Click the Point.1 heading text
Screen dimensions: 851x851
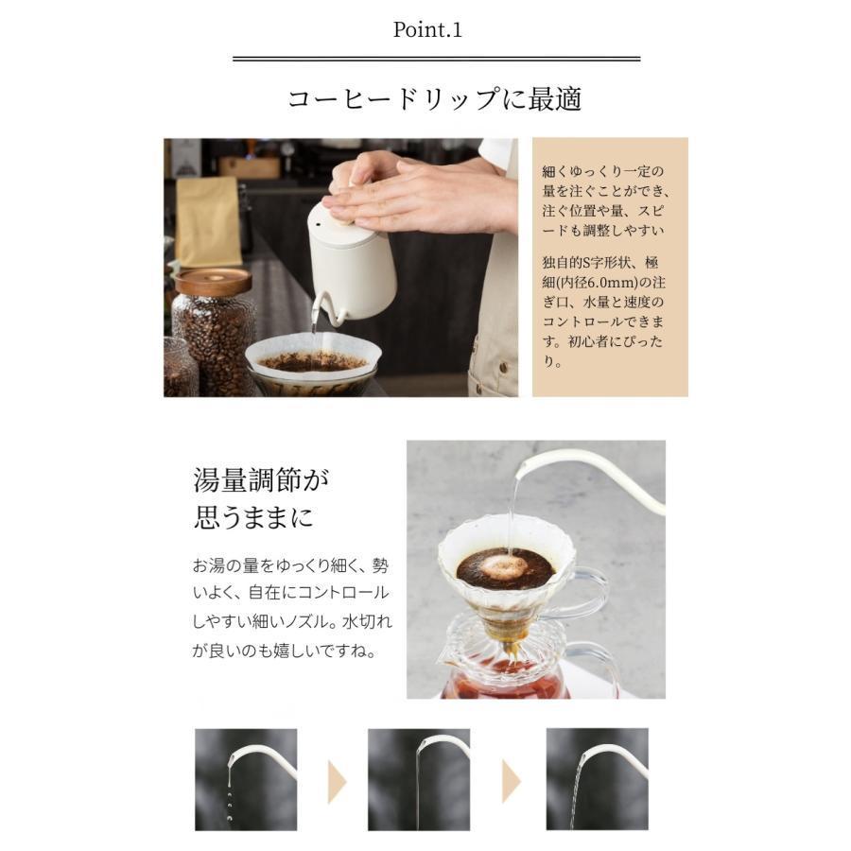click(x=427, y=29)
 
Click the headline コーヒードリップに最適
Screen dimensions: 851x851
click(x=434, y=99)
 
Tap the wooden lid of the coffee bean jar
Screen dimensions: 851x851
click(x=213, y=281)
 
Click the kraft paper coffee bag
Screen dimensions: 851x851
click(x=207, y=221)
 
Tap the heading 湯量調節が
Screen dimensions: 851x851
click(x=261, y=479)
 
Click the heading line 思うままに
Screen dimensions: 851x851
click(x=254, y=516)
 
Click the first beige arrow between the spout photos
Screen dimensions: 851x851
click(x=337, y=782)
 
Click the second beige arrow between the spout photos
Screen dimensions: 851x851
click(x=512, y=782)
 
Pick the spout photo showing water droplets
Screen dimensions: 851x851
click(x=246, y=779)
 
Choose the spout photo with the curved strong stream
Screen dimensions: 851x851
click(x=597, y=779)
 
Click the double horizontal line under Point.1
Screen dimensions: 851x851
click(x=436, y=59)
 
